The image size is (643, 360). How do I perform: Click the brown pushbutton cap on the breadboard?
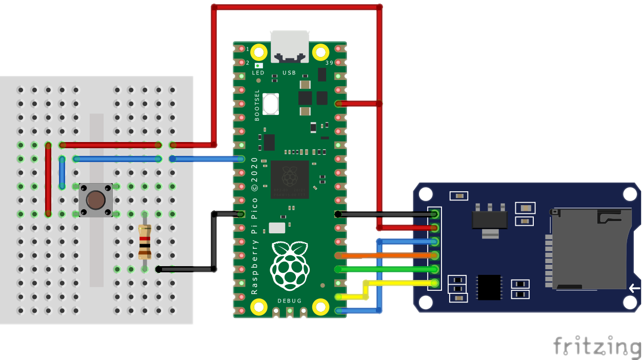point(95,200)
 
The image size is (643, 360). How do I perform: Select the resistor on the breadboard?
point(145,242)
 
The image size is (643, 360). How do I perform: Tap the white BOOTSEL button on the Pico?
point(270,104)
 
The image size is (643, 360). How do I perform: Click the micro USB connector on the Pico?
point(290,47)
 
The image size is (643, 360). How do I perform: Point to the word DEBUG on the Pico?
point(289,301)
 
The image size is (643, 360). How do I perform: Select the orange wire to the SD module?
point(387,255)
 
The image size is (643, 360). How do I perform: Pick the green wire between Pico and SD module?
point(387,269)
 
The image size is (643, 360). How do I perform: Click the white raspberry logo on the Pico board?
point(290,266)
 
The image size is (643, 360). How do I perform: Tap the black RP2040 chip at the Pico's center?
point(290,179)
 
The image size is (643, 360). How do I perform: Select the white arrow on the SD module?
point(634,288)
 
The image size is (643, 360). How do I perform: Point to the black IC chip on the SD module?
point(489,287)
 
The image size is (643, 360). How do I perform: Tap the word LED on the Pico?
point(258,73)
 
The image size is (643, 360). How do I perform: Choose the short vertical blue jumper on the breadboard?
point(62,172)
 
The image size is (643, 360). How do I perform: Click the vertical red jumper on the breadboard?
point(48,179)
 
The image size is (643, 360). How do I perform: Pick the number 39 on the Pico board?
point(329,63)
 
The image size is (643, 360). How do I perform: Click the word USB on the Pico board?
point(289,73)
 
